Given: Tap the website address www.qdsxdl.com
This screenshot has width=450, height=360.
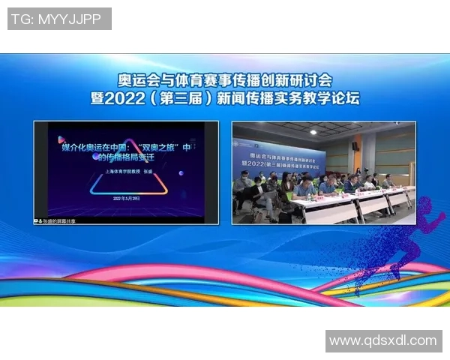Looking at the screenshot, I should (x=383, y=340).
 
